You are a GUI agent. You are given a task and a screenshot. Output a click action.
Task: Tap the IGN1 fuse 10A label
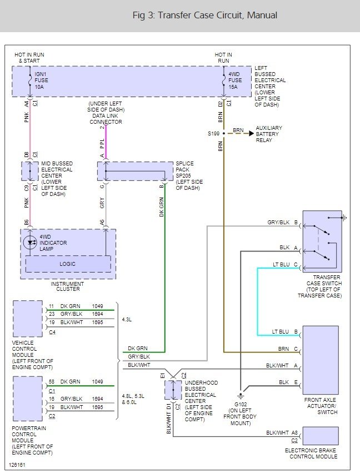41,80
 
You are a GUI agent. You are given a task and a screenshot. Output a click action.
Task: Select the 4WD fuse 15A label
235,80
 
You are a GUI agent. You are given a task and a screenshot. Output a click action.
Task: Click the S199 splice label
213,133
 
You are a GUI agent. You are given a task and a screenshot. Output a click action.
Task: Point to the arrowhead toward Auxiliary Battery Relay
252,133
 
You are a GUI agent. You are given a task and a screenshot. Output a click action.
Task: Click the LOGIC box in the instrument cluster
68,264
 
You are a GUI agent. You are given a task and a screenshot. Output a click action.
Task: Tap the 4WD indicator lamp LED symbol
30,243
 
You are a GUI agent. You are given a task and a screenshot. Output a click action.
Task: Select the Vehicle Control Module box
28,319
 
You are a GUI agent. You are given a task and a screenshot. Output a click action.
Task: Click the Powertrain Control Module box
28,399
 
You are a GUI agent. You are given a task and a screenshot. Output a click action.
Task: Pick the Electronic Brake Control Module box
321,436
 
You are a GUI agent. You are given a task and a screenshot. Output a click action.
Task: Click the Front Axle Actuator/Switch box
321,360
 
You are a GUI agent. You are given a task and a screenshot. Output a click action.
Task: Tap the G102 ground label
241,405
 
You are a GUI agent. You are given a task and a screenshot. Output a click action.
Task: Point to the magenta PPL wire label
102,144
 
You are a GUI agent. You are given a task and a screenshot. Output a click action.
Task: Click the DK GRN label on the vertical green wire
162,207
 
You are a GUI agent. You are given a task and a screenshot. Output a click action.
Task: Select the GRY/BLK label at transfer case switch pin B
278,223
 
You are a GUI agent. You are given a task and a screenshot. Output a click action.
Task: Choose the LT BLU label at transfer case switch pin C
281,265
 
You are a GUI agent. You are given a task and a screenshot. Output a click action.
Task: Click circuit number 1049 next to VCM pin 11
97,306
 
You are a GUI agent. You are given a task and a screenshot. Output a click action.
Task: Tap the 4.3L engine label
127,320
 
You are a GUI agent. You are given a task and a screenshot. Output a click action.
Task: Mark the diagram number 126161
17,465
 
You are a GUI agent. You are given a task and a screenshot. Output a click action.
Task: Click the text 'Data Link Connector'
106,119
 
